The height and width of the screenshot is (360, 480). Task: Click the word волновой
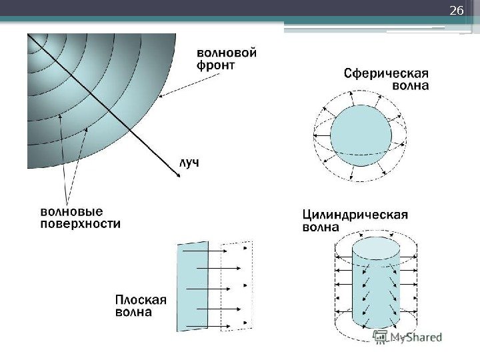coord(227,51)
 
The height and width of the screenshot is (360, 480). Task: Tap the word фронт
coord(216,66)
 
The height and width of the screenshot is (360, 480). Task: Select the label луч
coord(188,163)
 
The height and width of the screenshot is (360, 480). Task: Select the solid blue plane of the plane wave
coord(193,287)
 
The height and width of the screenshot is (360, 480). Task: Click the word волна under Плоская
coord(133,312)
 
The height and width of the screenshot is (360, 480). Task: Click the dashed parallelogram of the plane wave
coord(238,287)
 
